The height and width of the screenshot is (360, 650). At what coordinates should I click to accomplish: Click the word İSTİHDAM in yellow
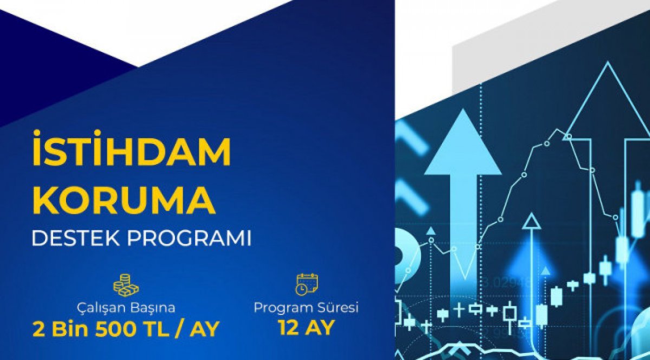[x=131, y=148]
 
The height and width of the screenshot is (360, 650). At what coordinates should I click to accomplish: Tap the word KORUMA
[x=124, y=200]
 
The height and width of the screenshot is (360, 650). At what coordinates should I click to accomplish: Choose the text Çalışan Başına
[x=126, y=308]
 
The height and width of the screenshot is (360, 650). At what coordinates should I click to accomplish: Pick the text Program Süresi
[x=306, y=308]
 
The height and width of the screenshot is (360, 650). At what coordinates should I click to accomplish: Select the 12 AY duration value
[x=306, y=328]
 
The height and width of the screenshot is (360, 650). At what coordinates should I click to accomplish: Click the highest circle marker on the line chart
[x=569, y=136]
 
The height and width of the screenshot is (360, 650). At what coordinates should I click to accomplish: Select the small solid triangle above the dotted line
[x=431, y=231]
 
